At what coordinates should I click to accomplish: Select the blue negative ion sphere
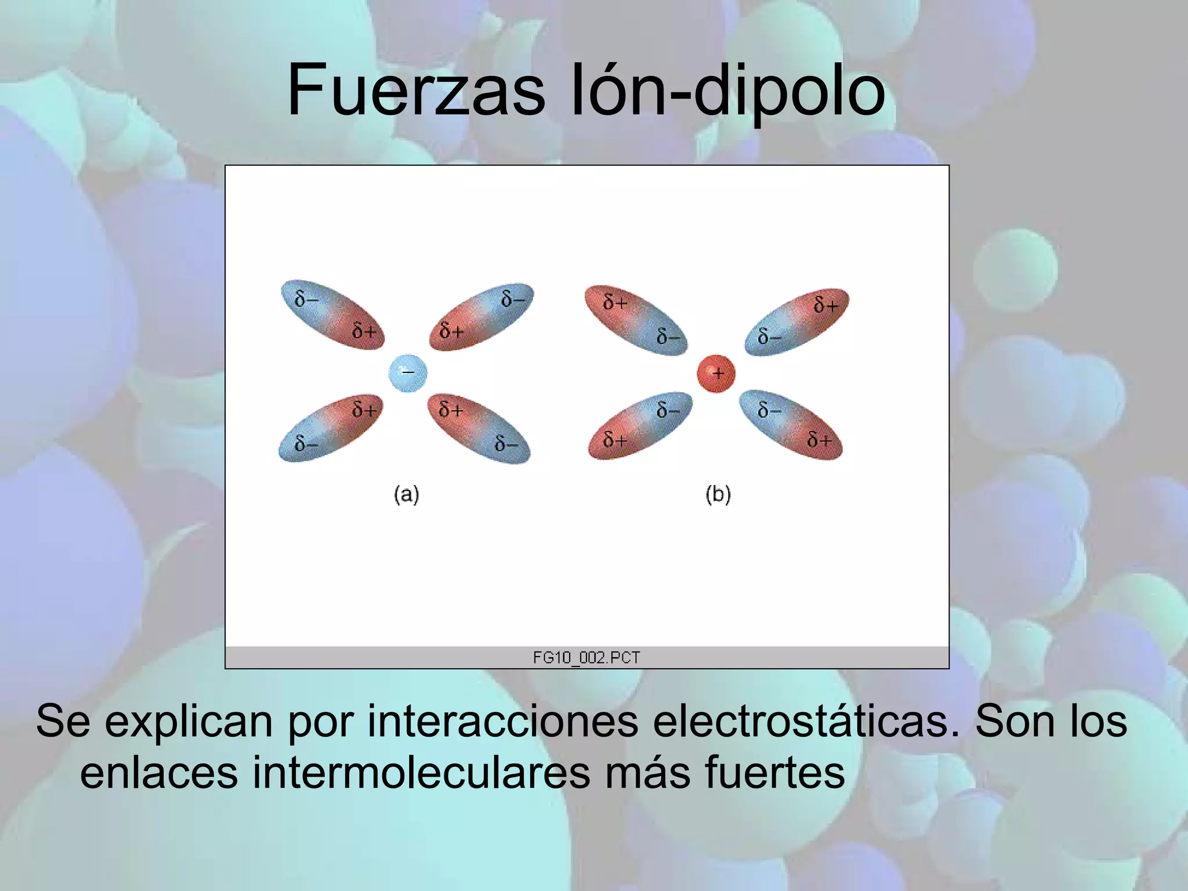point(408,373)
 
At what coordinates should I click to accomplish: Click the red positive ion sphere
point(716,374)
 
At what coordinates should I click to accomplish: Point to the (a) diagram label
point(406,495)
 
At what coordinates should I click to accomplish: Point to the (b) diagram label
point(718,495)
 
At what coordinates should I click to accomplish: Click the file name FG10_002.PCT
point(586,657)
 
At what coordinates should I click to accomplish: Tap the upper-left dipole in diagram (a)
point(332,315)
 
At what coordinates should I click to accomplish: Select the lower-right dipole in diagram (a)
point(479,429)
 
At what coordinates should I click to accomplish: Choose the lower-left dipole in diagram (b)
point(640,425)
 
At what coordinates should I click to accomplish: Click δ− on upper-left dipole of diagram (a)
point(306,299)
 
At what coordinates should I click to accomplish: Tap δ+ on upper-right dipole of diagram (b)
point(826,304)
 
